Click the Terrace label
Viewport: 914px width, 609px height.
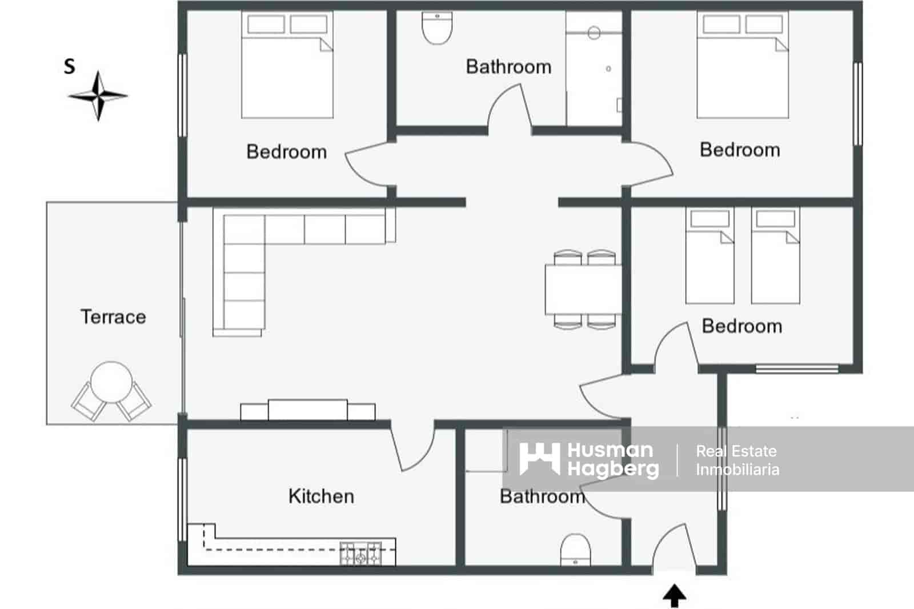[113, 316]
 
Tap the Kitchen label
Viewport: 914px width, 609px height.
[321, 496]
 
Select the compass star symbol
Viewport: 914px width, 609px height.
[98, 95]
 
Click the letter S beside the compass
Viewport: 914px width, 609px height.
[70, 66]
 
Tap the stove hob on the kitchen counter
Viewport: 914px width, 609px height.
[360, 553]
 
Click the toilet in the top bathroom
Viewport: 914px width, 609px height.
[437, 29]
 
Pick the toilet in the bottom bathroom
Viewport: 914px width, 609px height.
[575, 550]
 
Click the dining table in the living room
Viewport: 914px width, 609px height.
[583, 289]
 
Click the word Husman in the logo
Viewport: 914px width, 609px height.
[610, 450]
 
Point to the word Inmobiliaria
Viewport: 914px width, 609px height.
[737, 470]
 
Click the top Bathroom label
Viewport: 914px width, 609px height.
[508, 67]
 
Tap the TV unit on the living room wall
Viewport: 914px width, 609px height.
[308, 410]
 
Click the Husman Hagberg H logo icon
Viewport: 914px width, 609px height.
[539, 459]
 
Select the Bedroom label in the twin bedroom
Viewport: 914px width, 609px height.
[741, 326]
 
